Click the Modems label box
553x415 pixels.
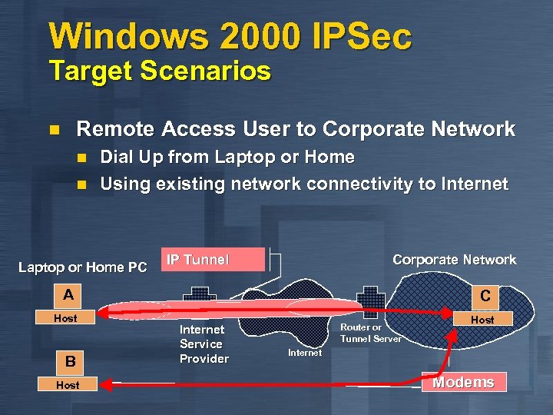click(463, 383)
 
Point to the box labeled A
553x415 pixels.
click(69, 294)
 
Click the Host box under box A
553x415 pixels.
click(65, 317)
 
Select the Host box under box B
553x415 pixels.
click(68, 384)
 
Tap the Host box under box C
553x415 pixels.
click(482, 319)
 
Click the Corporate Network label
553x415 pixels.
click(454, 260)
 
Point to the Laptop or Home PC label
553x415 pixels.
click(83, 267)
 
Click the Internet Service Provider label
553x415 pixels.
click(204, 344)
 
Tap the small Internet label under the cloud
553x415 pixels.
click(305, 353)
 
